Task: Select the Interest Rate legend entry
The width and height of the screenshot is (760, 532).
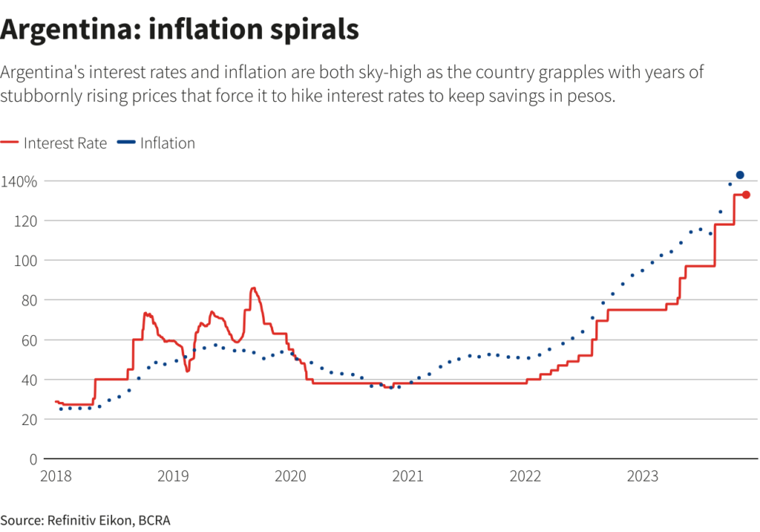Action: pyautogui.click(x=65, y=143)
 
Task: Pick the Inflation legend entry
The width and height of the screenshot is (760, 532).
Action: pyautogui.click(x=167, y=143)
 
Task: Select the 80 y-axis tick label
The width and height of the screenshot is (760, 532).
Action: pyautogui.click(x=29, y=300)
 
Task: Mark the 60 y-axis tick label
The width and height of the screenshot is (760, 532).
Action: pyautogui.click(x=29, y=340)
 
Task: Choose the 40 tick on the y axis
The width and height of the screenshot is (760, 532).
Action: pyautogui.click(x=29, y=380)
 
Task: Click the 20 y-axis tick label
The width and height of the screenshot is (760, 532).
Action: pyautogui.click(x=29, y=420)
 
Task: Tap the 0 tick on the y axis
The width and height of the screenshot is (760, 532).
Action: pyautogui.click(x=33, y=459)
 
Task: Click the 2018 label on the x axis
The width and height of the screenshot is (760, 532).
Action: pyautogui.click(x=56, y=476)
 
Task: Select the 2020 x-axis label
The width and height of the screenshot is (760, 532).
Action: pyautogui.click(x=290, y=476)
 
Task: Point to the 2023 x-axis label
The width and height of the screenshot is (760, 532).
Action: pyautogui.click(x=643, y=476)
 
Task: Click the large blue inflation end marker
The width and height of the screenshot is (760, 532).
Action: pyautogui.click(x=740, y=175)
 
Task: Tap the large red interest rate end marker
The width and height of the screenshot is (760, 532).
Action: pyautogui.click(x=746, y=195)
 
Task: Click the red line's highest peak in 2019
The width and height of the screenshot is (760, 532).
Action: pyautogui.click(x=253, y=288)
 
